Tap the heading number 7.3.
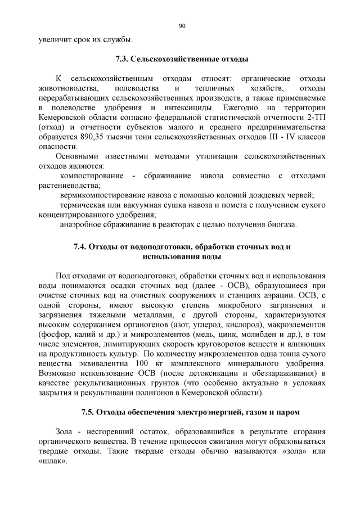coord(121,58)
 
